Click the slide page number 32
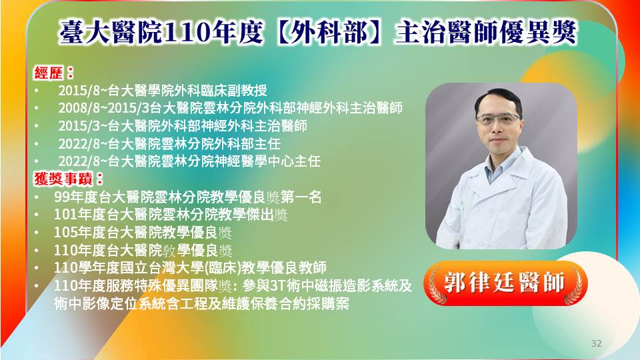596,343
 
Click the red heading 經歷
49,73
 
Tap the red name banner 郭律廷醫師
505,283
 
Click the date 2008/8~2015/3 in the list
104,108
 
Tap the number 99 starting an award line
61,197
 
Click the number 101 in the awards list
65,215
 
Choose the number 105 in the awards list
65,233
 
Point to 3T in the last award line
277,286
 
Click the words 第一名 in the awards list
301,197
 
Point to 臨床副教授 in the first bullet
233,91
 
